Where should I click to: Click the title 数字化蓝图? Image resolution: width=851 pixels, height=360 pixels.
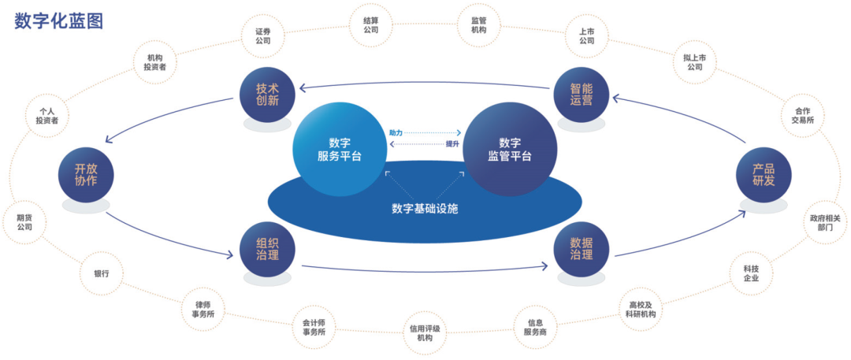59,21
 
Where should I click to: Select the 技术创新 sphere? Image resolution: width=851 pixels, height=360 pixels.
267,95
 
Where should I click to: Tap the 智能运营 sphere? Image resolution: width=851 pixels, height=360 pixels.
582,95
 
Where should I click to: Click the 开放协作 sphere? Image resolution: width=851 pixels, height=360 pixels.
86,174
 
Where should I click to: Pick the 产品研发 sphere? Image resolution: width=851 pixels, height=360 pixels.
764,174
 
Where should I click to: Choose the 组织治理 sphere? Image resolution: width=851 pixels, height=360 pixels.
267,250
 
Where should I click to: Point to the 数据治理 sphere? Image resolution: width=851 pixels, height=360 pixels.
584,250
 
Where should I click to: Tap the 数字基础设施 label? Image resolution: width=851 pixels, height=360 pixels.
425,209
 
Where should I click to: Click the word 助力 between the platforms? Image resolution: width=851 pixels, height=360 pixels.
396,132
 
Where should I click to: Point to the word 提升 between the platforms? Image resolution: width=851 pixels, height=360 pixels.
452,144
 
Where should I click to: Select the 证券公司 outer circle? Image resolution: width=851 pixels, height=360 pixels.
263,35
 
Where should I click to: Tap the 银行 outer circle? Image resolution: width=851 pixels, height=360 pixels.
102,274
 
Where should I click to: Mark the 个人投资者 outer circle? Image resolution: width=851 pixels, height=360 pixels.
43,115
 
